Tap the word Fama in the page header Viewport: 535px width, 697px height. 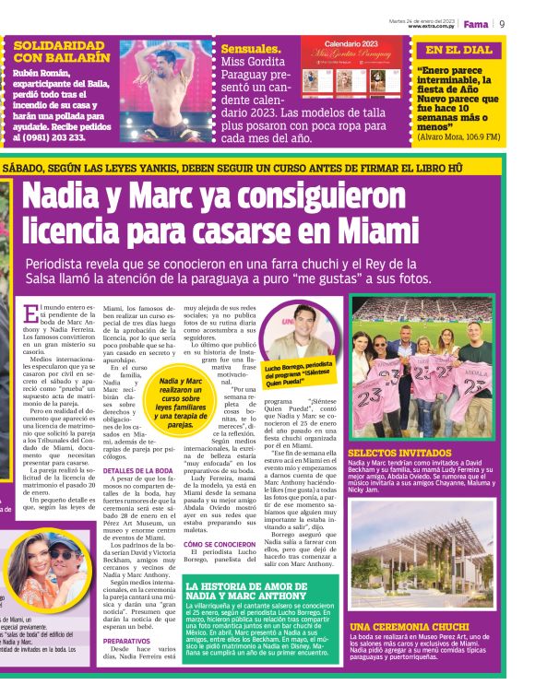[475, 23]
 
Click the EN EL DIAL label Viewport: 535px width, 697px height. [458, 51]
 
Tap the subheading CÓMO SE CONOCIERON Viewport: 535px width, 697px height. [220, 544]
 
